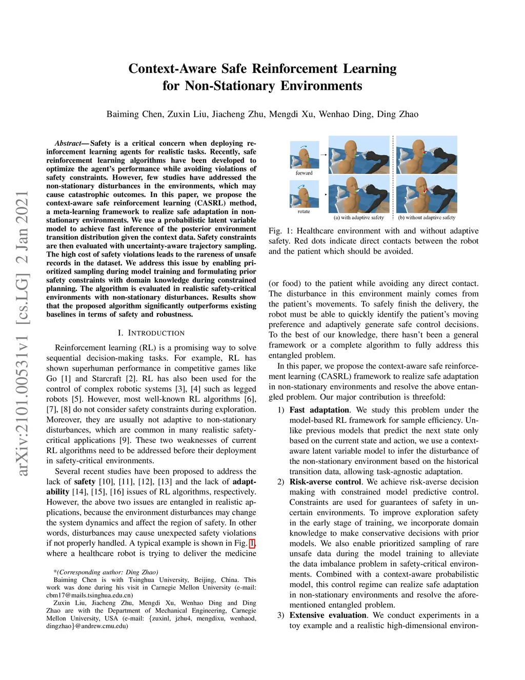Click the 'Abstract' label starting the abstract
tap(68, 143)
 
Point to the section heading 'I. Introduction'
tap(151, 333)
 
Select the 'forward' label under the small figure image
tap(304, 173)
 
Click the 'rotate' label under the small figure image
tap(304, 211)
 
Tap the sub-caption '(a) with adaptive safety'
tap(358, 218)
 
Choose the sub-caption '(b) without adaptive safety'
tap(427, 218)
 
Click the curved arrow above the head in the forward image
tap(303, 146)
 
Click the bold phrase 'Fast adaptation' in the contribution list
tap(319, 410)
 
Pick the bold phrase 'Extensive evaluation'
tap(328, 615)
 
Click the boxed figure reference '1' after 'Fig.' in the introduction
tap(252, 543)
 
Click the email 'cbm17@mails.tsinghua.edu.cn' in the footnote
tap(89, 595)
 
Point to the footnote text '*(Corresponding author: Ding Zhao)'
tap(106, 572)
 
